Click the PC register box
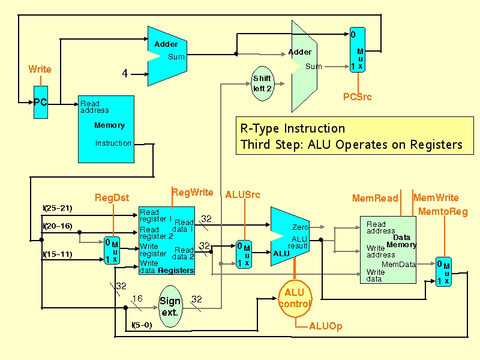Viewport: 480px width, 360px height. [41, 102]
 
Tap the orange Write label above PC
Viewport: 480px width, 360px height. [40, 69]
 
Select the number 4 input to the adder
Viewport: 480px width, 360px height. [125, 73]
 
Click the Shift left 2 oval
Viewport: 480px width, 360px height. [262, 83]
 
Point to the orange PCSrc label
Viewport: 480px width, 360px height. [357, 97]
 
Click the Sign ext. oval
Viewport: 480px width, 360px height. [170, 306]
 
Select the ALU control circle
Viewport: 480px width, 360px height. [295, 298]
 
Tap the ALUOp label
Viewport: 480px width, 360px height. [326, 326]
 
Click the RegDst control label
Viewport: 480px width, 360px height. [112, 198]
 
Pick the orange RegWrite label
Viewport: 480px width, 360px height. [193, 192]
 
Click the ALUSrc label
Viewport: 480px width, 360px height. [243, 194]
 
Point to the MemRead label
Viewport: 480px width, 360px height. [375, 198]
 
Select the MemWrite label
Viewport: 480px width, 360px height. [436, 198]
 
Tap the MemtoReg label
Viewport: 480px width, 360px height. [443, 212]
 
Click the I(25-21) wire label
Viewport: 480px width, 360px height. [58, 208]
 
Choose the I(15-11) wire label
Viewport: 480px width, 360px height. [58, 254]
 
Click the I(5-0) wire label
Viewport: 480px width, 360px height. [142, 325]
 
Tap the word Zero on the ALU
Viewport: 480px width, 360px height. [300, 227]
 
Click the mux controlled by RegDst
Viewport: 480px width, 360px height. [112, 250]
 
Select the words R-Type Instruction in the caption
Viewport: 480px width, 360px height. [293, 128]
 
